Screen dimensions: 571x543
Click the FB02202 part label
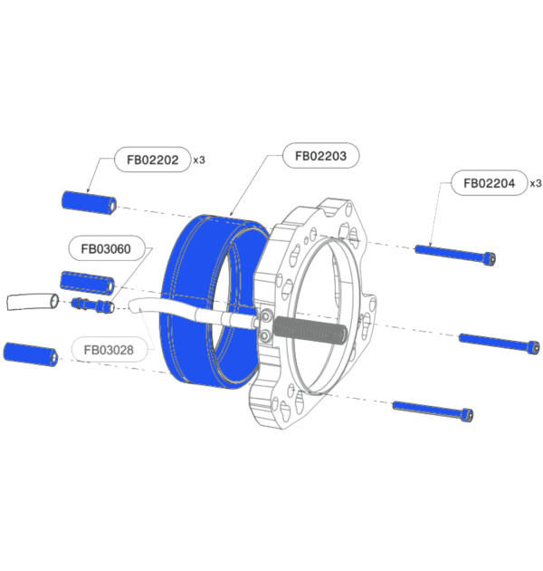pyautogui.click(x=151, y=160)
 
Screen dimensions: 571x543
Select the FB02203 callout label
pyautogui.click(x=320, y=156)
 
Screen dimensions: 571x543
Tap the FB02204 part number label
pyautogui.click(x=489, y=183)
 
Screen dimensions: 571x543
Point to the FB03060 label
pyautogui.click(x=106, y=247)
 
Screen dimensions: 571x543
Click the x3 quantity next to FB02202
pyautogui.click(x=199, y=160)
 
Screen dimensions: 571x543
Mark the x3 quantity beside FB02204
pyautogui.click(x=535, y=183)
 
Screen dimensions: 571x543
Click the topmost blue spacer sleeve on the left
pyautogui.click(x=89, y=203)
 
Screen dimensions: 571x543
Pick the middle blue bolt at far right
pyautogui.click(x=499, y=343)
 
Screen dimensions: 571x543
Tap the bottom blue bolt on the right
pyautogui.click(x=433, y=411)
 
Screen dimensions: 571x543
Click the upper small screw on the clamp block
pyautogui.click(x=265, y=316)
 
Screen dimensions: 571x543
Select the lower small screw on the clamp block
pyautogui.click(x=265, y=337)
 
